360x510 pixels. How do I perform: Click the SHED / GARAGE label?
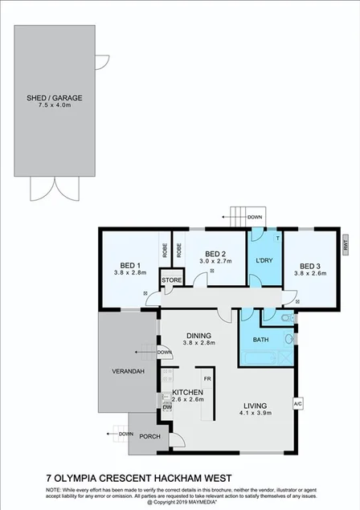coord(54,98)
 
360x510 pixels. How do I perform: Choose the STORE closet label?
coord(172,279)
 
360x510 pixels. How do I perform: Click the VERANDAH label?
coord(128,372)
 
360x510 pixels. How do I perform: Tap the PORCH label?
coord(149,437)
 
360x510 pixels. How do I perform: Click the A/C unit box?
coord(297,403)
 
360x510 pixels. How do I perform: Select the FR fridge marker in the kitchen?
coord(207,378)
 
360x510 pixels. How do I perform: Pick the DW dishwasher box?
coord(166,407)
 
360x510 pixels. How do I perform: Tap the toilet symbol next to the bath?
coord(288,320)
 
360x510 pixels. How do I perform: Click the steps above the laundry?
coord(238,216)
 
